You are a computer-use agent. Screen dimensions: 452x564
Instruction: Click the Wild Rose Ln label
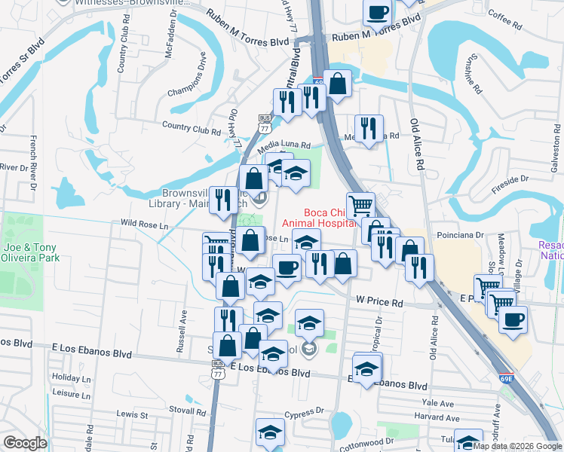(x=143, y=224)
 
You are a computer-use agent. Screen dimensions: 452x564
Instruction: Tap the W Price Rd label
(x=380, y=301)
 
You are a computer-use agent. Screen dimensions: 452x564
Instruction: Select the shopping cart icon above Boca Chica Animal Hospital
(x=362, y=203)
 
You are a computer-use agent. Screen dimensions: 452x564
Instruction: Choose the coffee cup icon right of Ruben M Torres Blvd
(x=378, y=12)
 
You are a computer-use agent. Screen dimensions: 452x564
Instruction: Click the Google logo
(x=25, y=443)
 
